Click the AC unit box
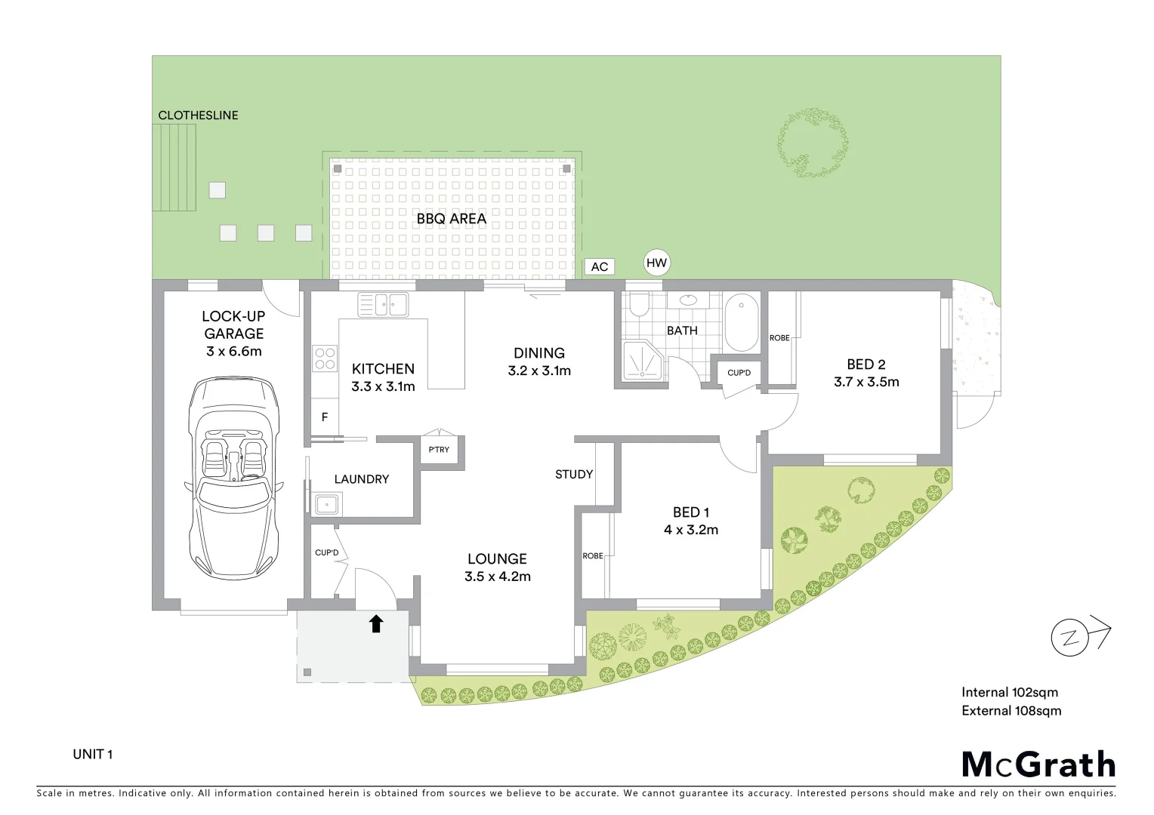(600, 266)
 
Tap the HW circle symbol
(657, 263)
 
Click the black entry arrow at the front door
(376, 623)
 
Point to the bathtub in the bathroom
(742, 323)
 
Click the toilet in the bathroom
(640, 303)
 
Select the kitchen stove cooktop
(325, 358)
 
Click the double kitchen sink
(383, 305)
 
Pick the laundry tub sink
(328, 503)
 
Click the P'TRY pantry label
(439, 450)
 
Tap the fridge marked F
(325, 417)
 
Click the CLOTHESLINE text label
(198, 115)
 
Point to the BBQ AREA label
(452, 219)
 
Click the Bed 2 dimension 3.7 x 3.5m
(866, 382)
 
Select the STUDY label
(574, 474)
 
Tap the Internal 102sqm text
(1010, 692)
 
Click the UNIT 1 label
(93, 754)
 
